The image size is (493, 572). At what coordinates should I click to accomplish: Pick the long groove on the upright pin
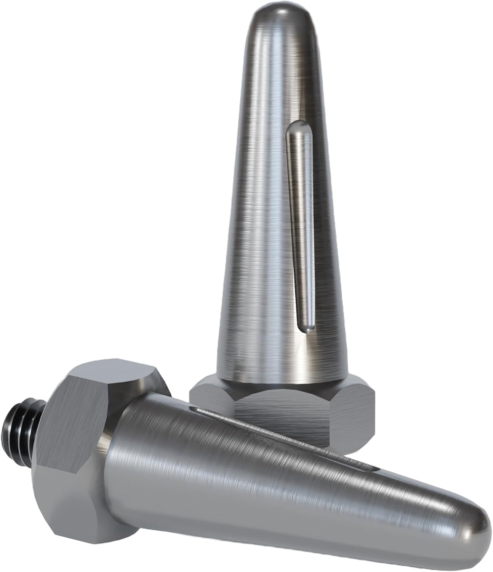click(301, 229)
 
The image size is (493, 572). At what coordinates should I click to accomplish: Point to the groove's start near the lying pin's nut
click(198, 410)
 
